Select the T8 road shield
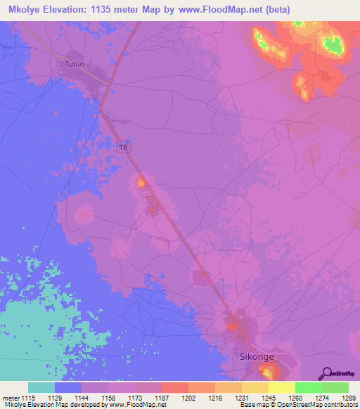coord(124,147)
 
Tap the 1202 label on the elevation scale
coord(188,398)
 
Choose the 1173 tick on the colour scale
coord(135,398)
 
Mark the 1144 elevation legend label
coord(82,398)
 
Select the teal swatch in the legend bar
coord(41,387)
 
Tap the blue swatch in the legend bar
coord(68,387)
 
